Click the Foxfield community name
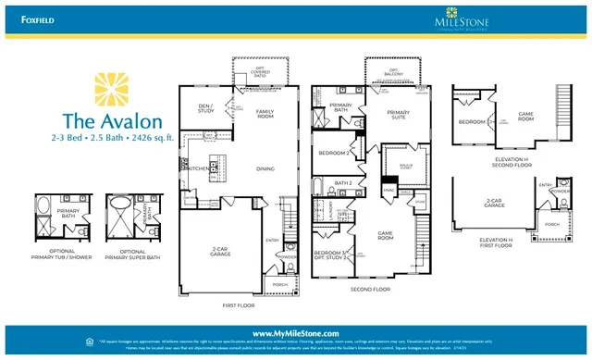click(x=25, y=15)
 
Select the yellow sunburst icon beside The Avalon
click(x=115, y=91)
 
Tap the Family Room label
click(x=265, y=113)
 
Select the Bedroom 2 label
click(x=332, y=153)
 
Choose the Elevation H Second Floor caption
click(x=510, y=162)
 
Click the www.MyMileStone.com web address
click(x=296, y=332)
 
